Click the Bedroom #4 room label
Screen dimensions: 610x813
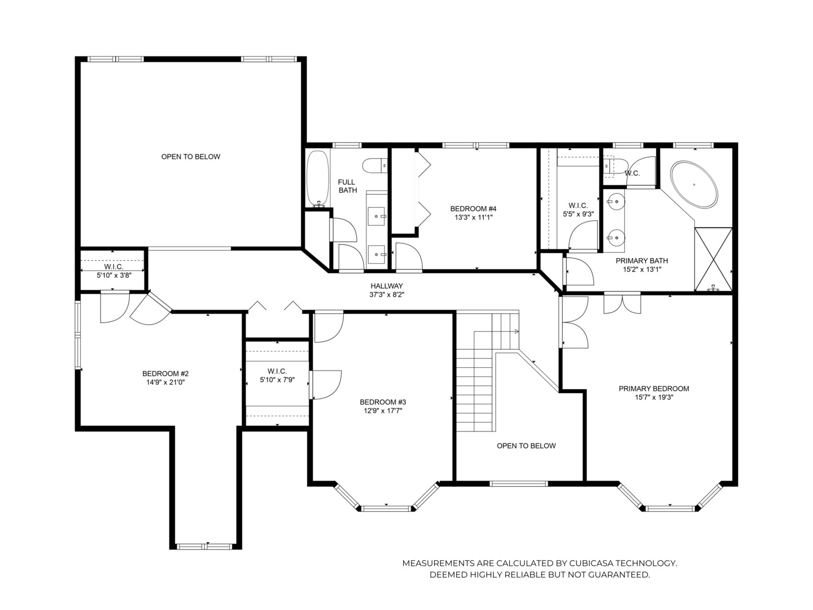tap(473, 208)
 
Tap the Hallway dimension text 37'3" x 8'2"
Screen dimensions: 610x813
tap(387, 294)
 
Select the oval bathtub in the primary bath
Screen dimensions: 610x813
tap(693, 183)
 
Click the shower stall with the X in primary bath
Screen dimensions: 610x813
tap(713, 258)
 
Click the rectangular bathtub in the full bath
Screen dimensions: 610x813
tap(317, 177)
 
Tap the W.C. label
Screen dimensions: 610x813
tap(632, 173)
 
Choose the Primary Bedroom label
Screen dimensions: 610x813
tap(654, 389)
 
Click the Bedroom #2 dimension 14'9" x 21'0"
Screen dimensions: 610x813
tap(165, 382)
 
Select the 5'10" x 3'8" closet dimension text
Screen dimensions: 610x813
tap(113, 275)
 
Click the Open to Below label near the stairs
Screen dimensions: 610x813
tap(526, 446)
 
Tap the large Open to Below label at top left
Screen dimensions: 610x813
tap(191, 156)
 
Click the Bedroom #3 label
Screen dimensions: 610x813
tap(383, 402)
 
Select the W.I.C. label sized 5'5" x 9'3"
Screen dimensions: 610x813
tap(578, 206)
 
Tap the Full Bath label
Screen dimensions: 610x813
tap(347, 186)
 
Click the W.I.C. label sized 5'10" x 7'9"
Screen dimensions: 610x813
tap(277, 371)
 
